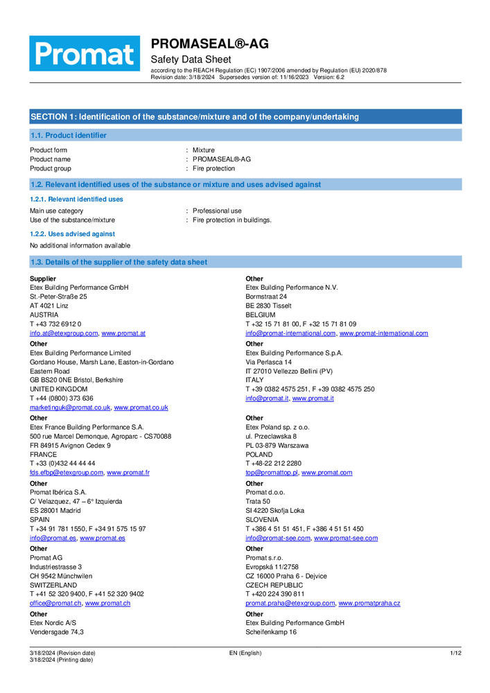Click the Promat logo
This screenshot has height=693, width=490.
pyautogui.click(x=84, y=53)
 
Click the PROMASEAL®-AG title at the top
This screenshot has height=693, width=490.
pyautogui.click(x=210, y=44)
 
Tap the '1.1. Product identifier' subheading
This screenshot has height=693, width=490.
pyautogui.click(x=69, y=135)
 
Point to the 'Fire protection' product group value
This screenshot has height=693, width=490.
pyautogui.click(x=213, y=168)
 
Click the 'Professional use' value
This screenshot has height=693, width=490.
pyautogui.click(x=217, y=211)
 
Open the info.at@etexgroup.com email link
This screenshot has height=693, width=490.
pyautogui.click(x=64, y=333)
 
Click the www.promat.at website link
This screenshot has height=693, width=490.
pyautogui.click(x=123, y=333)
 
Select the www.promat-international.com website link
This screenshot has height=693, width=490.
pyautogui.click(x=383, y=333)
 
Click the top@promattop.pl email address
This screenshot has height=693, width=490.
pyautogui.click(x=272, y=473)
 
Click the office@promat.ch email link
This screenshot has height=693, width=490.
pyautogui.click(x=55, y=603)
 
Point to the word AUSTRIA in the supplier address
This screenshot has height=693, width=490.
pyautogui.click(x=44, y=314)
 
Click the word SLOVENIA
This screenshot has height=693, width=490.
pyautogui.click(x=262, y=519)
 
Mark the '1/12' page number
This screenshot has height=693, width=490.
pyautogui.click(x=455, y=653)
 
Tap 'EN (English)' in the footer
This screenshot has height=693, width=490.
pyautogui.click(x=245, y=653)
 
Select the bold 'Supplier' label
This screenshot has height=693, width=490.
pyautogui.click(x=43, y=279)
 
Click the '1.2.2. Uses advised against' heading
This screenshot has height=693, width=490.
pyautogui.click(x=72, y=234)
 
